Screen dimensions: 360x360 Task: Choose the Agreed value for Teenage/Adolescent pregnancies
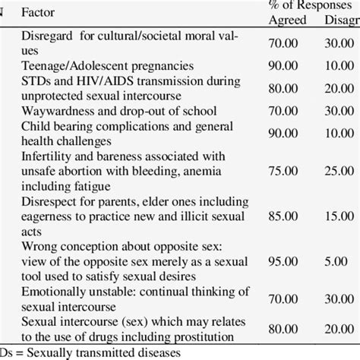click(287, 66)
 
